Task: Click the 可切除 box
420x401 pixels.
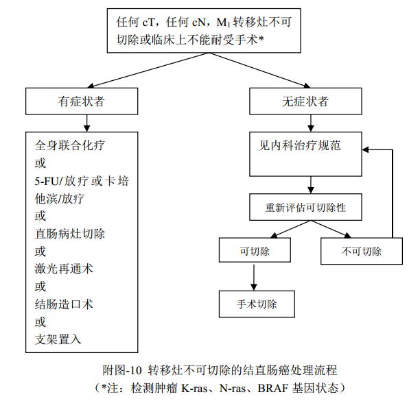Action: (255, 251)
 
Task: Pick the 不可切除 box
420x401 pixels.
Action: (361, 251)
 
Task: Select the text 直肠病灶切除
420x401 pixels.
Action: (70, 233)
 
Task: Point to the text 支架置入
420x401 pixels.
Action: (58, 339)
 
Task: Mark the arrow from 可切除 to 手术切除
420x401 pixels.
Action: (255, 276)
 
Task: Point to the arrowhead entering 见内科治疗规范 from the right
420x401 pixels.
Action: (368, 149)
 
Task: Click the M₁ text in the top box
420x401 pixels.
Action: (222, 21)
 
